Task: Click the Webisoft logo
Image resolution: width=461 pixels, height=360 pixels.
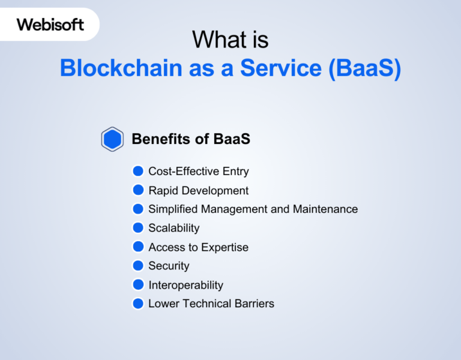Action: pos(50,25)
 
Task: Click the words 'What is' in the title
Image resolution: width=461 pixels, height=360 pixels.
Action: pos(230,40)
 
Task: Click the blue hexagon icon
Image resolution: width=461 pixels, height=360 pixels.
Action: pos(112,139)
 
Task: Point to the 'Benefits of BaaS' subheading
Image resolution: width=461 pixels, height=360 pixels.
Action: pos(190,139)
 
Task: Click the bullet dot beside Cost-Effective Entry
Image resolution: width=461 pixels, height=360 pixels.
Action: pos(138,171)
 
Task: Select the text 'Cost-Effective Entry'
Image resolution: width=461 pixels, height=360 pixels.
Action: pos(198,172)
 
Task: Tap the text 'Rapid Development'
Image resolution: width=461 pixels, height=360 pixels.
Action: pos(198,191)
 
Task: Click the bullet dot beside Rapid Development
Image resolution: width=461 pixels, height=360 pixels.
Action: pos(138,190)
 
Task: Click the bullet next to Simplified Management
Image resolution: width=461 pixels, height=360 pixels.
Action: pos(138,209)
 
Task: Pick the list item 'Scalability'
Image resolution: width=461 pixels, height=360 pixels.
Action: pos(173,228)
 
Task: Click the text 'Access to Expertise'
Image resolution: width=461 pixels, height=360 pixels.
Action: pos(198,247)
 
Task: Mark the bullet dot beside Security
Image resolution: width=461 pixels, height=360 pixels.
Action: pos(138,265)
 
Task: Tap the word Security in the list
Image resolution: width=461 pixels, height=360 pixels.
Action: pos(169,266)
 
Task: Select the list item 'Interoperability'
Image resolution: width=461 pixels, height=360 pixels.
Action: pos(185,285)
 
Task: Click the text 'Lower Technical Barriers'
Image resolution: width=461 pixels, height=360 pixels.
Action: pos(211,304)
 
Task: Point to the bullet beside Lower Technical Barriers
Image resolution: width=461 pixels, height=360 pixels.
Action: pos(138,303)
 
